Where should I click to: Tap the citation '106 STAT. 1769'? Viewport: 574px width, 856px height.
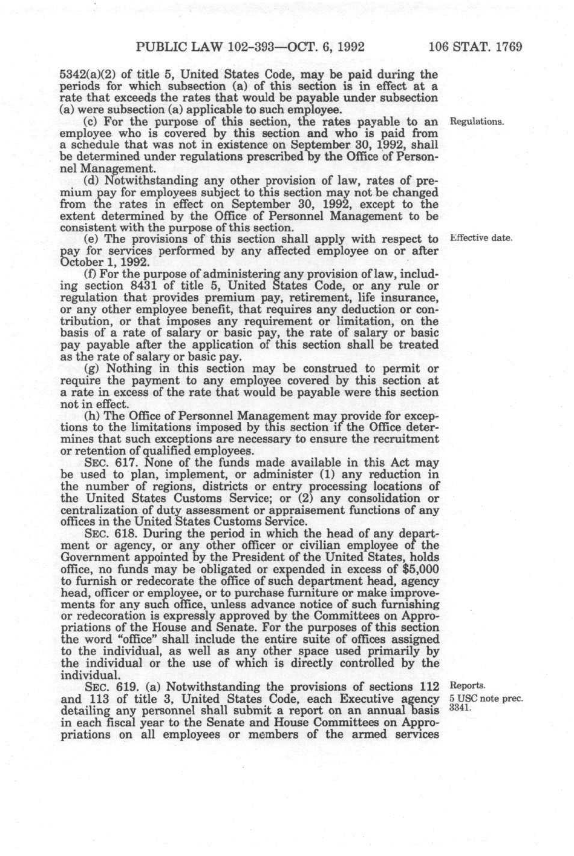[475, 47]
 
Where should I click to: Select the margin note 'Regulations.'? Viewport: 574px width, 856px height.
[477, 121]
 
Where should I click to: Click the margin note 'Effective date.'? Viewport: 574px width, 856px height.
[481, 237]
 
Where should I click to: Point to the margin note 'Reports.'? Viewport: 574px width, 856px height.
[468, 685]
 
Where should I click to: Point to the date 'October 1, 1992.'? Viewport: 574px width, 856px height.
[102, 262]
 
